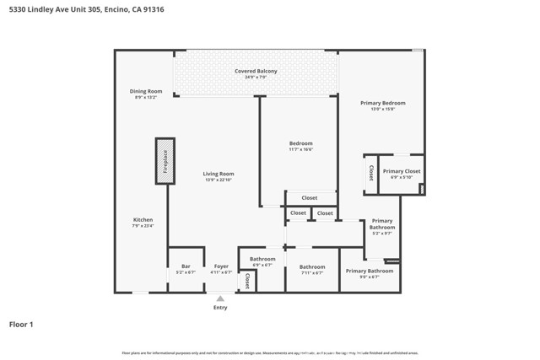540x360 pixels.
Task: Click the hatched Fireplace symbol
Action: click(164, 160)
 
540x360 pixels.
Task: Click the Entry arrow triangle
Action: click(220, 298)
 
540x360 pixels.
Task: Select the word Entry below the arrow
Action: click(220, 309)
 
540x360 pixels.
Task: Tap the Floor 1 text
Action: click(22, 324)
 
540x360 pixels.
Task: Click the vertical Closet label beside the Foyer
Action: click(246, 281)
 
